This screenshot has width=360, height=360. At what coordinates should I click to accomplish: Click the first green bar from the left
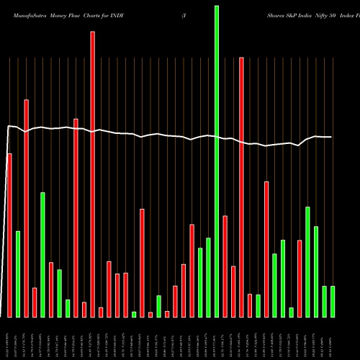[x=18, y=274]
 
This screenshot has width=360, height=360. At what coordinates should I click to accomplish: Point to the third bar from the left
[x=27, y=208]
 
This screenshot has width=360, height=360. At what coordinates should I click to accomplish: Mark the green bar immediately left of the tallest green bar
[x=208, y=277]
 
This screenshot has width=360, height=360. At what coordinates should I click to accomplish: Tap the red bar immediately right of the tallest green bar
[x=225, y=266]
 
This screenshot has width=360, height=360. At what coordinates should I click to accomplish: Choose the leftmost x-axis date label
[x=9, y=338]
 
